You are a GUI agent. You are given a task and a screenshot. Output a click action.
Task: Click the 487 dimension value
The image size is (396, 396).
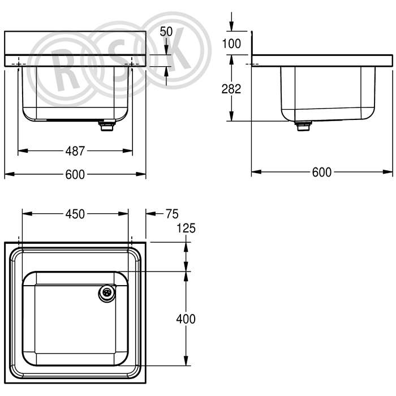coord(75,151)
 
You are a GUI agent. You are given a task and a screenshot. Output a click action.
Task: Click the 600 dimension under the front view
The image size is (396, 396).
coord(75,174)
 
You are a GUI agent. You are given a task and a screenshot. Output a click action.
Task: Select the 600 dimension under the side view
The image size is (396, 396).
coord(322,172)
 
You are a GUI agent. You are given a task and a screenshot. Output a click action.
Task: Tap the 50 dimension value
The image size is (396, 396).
coord(166,32)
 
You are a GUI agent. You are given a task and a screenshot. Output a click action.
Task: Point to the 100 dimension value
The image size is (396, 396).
coord(231,44)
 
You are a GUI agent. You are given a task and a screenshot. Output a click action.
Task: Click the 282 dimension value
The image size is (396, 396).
coord(231,89)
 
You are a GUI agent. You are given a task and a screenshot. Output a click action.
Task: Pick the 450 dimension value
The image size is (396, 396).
coord(75,214)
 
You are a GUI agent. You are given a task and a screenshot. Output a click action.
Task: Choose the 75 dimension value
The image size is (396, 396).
coord(172,214)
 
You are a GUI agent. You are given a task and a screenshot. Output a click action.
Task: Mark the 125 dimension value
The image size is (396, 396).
coord(186,229)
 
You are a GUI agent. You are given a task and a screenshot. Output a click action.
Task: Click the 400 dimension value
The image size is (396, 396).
coord(186,319)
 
